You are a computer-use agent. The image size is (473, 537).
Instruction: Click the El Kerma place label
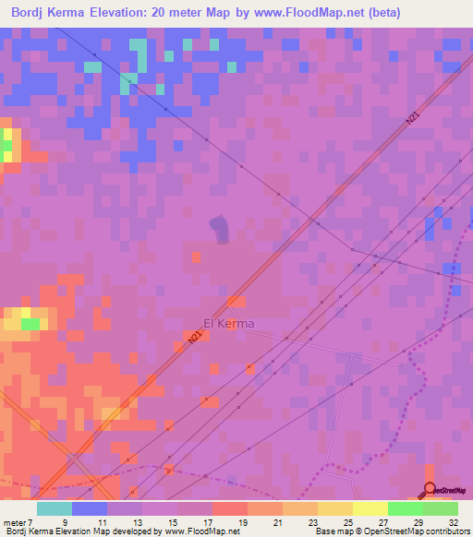point(228,323)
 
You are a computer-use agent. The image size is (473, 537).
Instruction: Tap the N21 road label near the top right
point(413,118)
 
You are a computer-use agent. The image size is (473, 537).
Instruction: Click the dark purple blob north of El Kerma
point(220,230)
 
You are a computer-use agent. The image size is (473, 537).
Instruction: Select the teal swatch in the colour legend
point(55,508)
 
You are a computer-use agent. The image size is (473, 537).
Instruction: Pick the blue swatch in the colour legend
point(90,508)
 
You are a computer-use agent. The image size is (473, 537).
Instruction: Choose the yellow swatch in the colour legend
point(370,508)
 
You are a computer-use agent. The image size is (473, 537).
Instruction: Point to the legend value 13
point(139,522)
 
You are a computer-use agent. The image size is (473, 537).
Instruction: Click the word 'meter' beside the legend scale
point(15,522)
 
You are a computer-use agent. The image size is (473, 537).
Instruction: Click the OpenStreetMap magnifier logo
point(430,490)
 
